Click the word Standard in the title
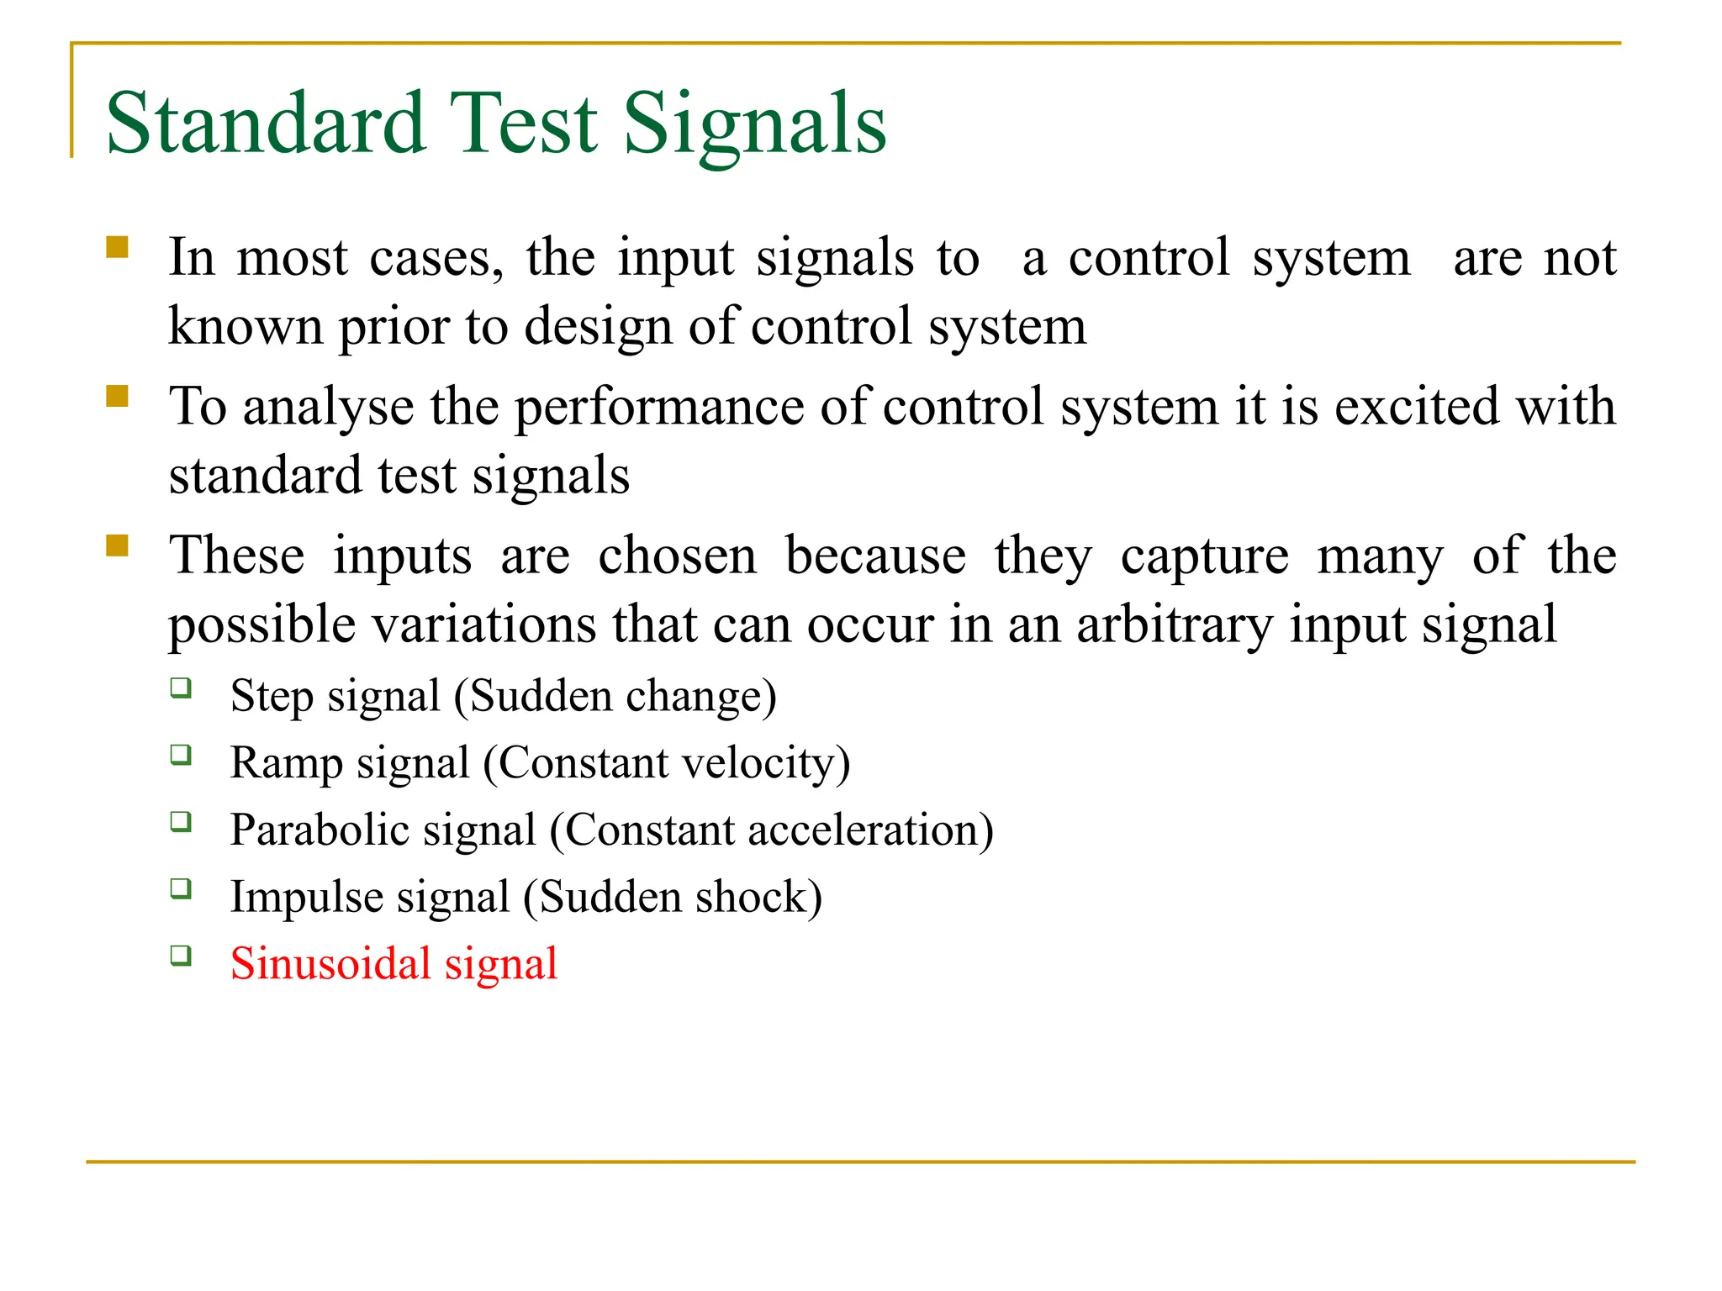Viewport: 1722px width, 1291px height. [x=266, y=124]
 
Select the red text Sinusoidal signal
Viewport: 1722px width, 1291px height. [x=394, y=963]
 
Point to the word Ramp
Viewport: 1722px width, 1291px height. [x=287, y=763]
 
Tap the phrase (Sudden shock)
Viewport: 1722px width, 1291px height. [x=673, y=897]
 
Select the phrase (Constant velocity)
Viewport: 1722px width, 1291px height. [x=667, y=763]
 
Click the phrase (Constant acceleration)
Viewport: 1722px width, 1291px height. [x=771, y=830]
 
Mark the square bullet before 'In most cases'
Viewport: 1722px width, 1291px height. [x=117, y=247]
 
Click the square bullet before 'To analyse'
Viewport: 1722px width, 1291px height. [x=117, y=396]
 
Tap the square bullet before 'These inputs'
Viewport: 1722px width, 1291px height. [x=117, y=545]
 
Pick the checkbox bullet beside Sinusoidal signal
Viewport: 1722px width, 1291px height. [x=181, y=956]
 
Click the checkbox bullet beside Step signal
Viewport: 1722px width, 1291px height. [x=181, y=688]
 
